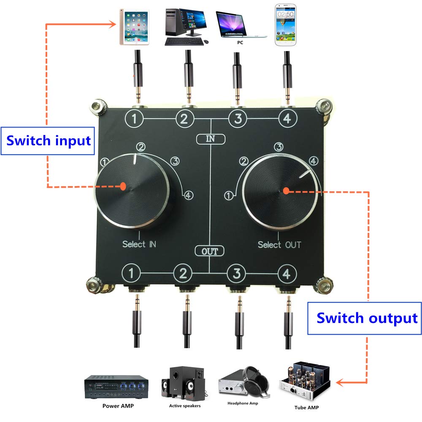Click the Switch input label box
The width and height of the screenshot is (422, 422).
(49, 140)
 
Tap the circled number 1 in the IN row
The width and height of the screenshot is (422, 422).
(134, 119)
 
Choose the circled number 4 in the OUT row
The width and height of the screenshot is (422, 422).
(287, 275)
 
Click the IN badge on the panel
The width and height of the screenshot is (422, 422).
(211, 139)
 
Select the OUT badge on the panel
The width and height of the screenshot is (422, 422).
(210, 252)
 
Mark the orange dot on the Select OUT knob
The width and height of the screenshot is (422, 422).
(286, 191)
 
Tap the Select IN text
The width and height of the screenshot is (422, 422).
(139, 244)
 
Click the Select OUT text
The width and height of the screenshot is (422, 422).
(279, 245)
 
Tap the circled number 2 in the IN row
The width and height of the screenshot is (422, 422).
(184, 119)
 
